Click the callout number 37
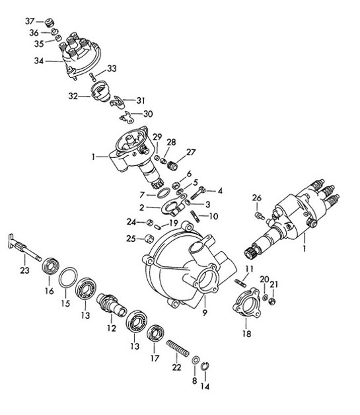(29, 21)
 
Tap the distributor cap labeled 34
(83, 58)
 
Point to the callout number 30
(147, 114)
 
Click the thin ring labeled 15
(67, 279)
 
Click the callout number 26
(257, 197)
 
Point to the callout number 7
(143, 195)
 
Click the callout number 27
(191, 152)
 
